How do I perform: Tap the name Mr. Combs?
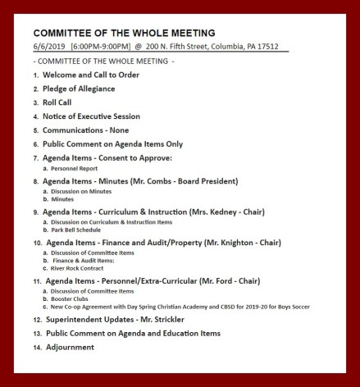click(162, 180)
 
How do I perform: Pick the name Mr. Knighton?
click(218, 244)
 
